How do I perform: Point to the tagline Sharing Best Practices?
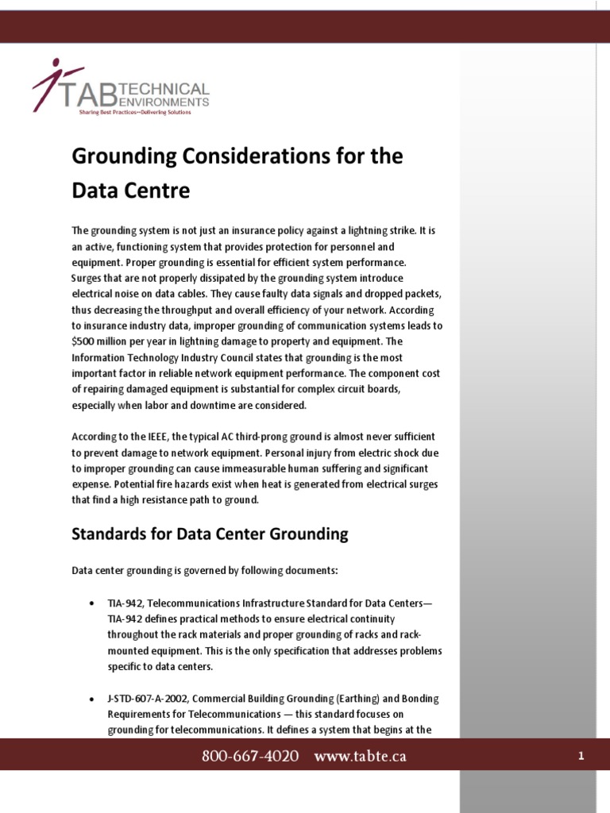[134, 113]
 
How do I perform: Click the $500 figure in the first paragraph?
[83, 341]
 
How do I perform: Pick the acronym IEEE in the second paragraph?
[155, 437]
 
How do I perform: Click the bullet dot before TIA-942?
[92, 603]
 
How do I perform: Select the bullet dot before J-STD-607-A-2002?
[92, 699]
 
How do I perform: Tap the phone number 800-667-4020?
[250, 757]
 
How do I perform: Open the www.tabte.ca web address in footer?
[360, 757]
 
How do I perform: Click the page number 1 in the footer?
[581, 757]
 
